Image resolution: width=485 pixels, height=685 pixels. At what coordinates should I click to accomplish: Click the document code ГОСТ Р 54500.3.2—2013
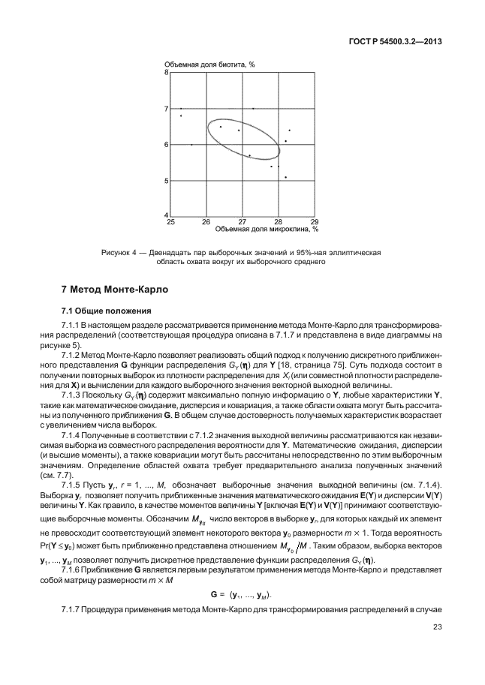click(395, 41)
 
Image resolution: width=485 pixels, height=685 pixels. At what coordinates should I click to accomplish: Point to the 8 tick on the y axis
click(166, 73)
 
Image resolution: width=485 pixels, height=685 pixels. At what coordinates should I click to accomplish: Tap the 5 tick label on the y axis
click(166, 181)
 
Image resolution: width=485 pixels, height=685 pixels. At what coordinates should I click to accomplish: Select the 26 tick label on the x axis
click(206, 222)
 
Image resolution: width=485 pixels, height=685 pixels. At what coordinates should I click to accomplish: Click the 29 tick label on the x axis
click(314, 222)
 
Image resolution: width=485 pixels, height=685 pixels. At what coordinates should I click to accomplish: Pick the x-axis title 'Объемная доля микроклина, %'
click(263, 229)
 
